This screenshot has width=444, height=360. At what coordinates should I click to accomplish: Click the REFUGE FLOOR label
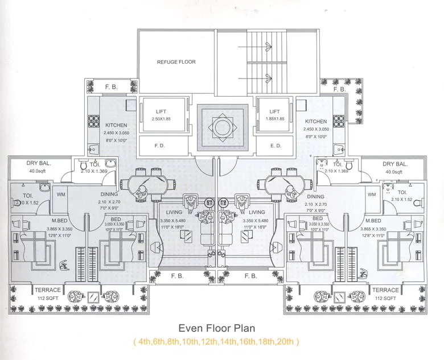[176, 61]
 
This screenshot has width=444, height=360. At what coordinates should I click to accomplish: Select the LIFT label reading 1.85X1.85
[275, 115]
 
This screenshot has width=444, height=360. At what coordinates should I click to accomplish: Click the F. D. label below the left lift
[160, 146]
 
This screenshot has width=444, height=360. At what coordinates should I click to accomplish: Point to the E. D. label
[276, 146]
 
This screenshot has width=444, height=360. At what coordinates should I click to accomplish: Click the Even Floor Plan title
[216, 328]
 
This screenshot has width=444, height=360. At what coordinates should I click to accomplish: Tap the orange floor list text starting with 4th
[216, 342]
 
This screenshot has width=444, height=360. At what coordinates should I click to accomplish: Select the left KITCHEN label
[116, 125]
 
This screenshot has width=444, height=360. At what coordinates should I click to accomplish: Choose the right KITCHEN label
[316, 121]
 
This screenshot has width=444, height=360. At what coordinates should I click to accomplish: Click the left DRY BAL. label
[39, 163]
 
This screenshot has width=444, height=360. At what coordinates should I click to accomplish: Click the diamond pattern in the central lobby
[222, 127]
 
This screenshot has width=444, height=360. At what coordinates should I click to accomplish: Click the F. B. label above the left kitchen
[111, 88]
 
